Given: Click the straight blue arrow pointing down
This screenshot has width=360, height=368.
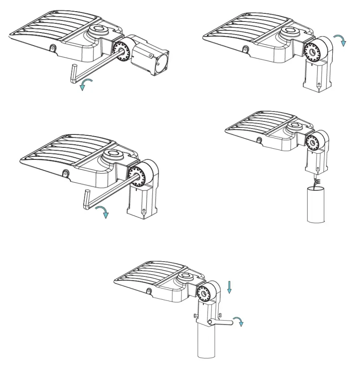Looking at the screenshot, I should tap(229, 287).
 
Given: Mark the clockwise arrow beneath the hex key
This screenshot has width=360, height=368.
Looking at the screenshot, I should tap(104, 212).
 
